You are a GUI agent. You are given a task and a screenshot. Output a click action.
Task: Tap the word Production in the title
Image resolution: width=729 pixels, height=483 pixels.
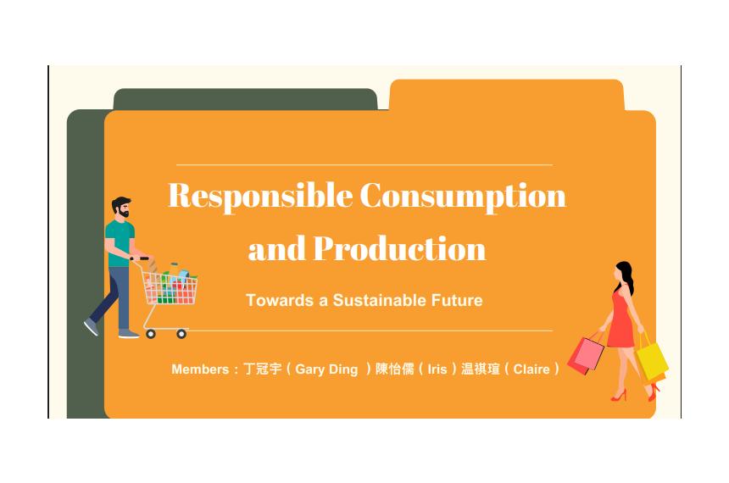400,248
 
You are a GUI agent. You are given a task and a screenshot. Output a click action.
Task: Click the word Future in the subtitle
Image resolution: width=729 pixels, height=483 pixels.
457,300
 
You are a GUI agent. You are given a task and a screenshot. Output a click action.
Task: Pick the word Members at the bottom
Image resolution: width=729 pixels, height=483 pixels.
200,369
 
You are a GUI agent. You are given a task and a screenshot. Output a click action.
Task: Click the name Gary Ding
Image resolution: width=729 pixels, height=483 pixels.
326,369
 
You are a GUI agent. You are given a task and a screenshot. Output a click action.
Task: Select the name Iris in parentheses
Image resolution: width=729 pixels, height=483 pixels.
437,369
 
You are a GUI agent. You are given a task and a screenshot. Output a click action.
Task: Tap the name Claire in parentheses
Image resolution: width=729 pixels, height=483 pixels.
531,369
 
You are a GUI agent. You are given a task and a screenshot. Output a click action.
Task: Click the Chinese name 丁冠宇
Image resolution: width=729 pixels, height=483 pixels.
263,369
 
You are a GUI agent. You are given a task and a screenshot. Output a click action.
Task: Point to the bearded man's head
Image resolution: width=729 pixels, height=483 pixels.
121,208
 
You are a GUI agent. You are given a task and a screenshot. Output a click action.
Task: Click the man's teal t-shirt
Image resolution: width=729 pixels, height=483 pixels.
120,243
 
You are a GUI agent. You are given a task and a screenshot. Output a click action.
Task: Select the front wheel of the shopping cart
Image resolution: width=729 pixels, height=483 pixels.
181,333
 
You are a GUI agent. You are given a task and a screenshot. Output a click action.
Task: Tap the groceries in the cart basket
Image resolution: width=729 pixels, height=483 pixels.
170,284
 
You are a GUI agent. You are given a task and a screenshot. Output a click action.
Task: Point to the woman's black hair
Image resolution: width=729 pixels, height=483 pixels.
626,276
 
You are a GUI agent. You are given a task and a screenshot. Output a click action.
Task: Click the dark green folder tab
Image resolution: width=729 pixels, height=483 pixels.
245,99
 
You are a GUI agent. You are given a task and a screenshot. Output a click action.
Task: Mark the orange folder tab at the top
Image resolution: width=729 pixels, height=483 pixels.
507,95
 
